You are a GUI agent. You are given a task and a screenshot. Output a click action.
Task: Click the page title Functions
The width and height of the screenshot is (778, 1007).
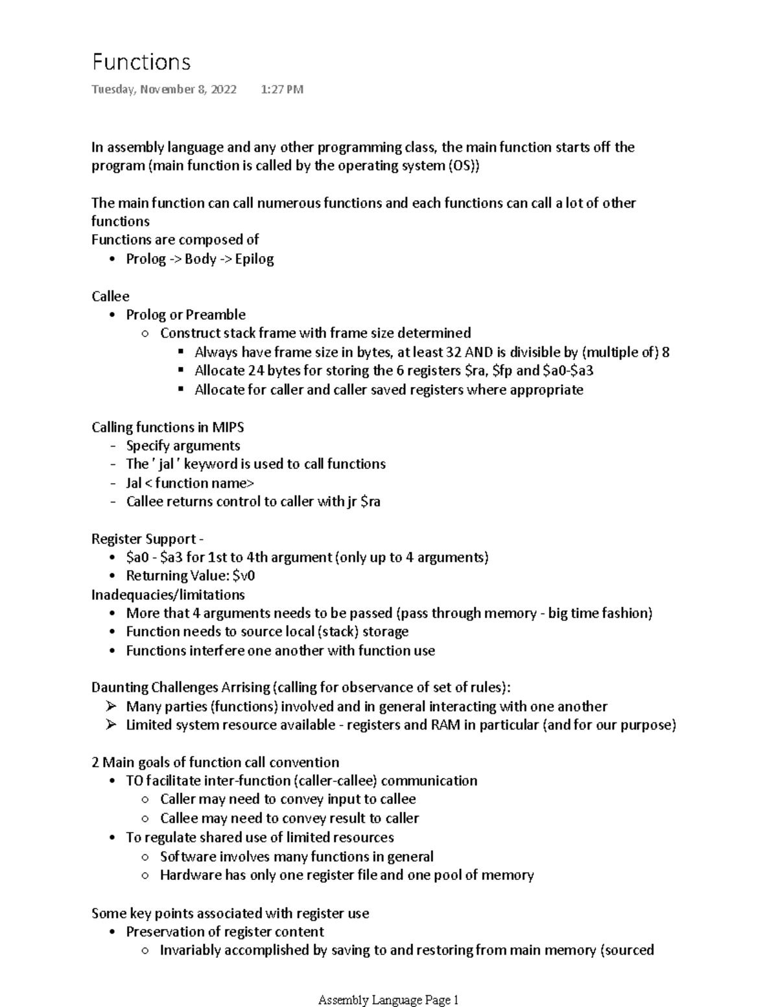click(141, 62)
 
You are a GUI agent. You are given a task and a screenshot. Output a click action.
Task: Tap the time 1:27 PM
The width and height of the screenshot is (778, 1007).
click(281, 89)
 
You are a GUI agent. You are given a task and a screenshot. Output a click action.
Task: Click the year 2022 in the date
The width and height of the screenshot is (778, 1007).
click(222, 89)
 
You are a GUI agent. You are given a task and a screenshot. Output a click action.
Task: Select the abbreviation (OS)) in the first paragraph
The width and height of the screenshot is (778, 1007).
click(464, 166)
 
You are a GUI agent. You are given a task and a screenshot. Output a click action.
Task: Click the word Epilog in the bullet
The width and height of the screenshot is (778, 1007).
click(254, 259)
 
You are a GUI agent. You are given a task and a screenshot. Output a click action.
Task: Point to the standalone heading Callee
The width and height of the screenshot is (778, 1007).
click(110, 296)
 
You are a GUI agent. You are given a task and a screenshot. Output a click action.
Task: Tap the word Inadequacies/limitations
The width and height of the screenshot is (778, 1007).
click(168, 595)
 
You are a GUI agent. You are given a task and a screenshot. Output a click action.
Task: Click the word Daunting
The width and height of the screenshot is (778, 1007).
click(119, 688)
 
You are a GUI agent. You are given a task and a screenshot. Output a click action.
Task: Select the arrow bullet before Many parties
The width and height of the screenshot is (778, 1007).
click(112, 706)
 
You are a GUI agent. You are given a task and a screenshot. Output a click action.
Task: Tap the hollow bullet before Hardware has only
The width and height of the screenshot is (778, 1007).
click(146, 875)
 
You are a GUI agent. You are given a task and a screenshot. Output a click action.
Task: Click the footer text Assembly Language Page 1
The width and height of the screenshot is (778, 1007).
click(388, 1001)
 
